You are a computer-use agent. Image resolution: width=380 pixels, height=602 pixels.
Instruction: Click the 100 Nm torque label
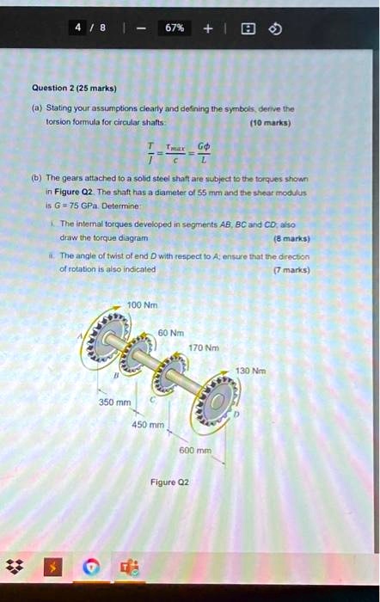141,305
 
